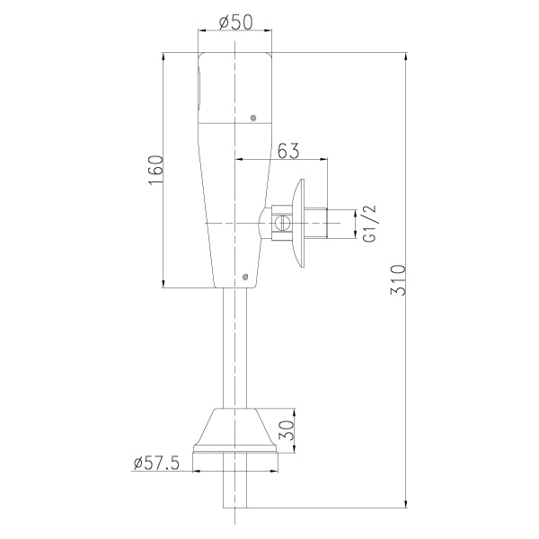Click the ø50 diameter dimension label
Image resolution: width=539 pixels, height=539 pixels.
point(235,22)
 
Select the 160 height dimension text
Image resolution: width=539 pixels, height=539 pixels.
point(155,170)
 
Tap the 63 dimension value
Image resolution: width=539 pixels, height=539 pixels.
point(288,151)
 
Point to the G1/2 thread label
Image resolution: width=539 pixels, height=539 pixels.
point(370,224)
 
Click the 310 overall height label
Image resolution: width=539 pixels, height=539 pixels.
point(398,279)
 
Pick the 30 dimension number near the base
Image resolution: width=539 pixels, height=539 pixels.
point(287,430)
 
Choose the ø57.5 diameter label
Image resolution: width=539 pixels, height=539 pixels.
point(156,463)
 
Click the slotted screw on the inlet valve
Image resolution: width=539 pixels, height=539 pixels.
point(282,223)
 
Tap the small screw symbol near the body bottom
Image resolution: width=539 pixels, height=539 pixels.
point(244,276)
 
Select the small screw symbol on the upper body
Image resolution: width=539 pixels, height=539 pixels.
point(253,118)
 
